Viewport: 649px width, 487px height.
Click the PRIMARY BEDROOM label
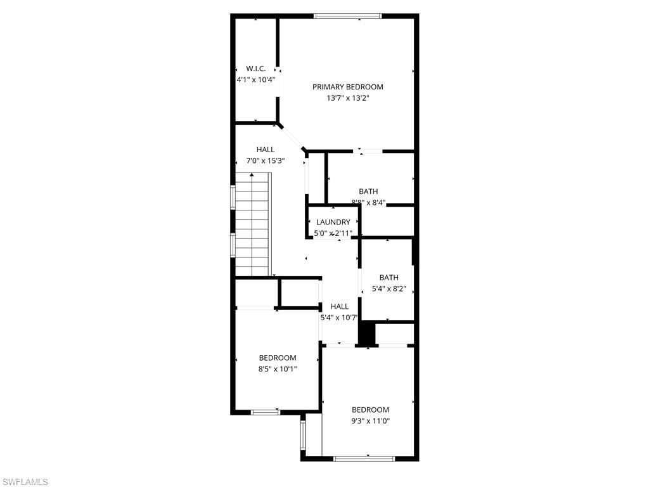pyautogui.click(x=347, y=87)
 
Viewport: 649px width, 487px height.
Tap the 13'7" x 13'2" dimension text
pyautogui.click(x=347, y=98)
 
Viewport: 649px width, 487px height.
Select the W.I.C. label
pyautogui.click(x=256, y=68)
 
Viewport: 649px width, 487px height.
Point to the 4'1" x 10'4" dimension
pyautogui.click(x=256, y=80)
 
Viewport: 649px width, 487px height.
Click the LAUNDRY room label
pyautogui.click(x=333, y=222)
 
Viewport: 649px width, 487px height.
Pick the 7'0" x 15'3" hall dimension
pyautogui.click(x=266, y=161)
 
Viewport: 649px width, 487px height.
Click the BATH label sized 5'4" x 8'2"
pyautogui.click(x=389, y=277)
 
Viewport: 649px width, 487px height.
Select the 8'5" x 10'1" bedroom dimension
pyautogui.click(x=277, y=369)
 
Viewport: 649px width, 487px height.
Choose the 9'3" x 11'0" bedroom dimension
pyautogui.click(x=370, y=421)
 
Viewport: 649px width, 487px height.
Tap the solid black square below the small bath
pyautogui.click(x=367, y=334)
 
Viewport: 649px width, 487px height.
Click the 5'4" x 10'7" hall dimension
pyautogui.click(x=339, y=318)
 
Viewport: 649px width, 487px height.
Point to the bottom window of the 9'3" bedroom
pyautogui.click(x=364, y=458)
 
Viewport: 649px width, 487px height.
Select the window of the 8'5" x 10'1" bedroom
pyautogui.click(x=266, y=412)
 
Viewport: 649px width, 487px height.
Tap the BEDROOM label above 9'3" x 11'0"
pyautogui.click(x=370, y=410)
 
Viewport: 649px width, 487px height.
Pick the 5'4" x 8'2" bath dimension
pyautogui.click(x=389, y=289)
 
